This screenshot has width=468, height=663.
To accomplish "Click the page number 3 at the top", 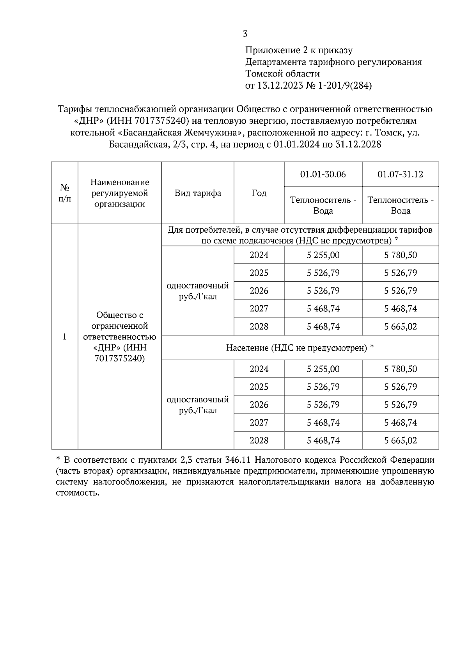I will (x=245, y=34).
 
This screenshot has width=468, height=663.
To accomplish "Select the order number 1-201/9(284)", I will (x=345, y=86).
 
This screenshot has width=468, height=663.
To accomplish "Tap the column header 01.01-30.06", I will (x=323, y=174).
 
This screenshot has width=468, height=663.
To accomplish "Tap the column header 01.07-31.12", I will (x=400, y=174).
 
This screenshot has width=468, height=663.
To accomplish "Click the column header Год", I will (x=259, y=193).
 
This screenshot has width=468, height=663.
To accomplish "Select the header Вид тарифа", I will (x=198, y=193).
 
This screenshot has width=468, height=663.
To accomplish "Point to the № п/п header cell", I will (x=65, y=193).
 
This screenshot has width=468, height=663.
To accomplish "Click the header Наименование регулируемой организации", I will (x=120, y=193).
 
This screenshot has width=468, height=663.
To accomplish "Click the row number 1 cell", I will (x=65, y=337).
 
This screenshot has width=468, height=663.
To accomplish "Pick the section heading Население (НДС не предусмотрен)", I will (x=300, y=348).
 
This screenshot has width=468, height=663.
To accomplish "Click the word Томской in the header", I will (x=264, y=74).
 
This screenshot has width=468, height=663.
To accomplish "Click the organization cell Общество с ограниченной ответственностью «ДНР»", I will (x=120, y=337).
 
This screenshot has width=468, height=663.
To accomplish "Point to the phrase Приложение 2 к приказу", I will (x=299, y=50).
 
